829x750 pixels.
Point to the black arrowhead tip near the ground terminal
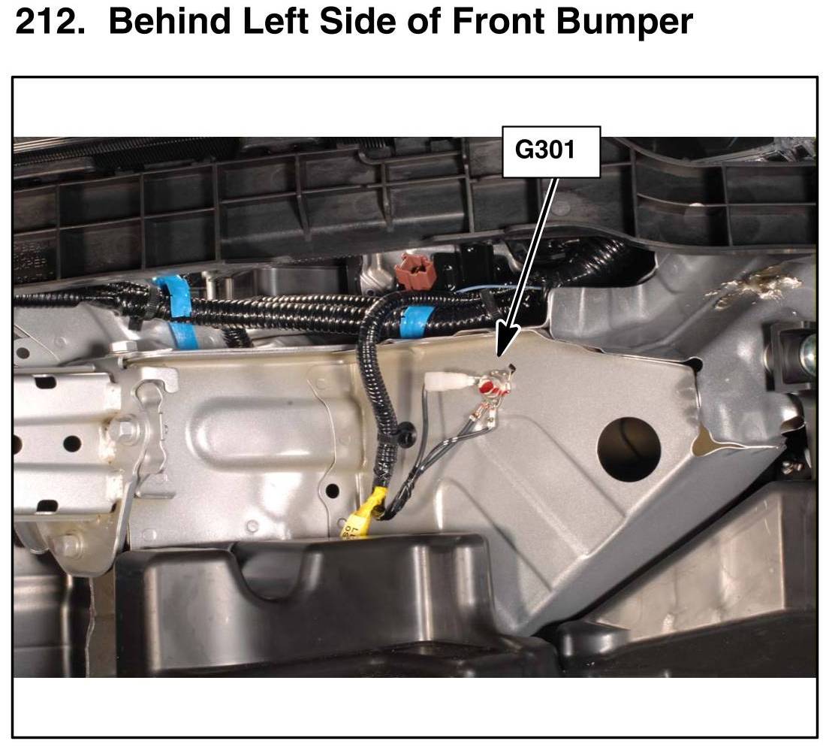click(x=497, y=357)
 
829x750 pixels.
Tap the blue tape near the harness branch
click(x=417, y=322)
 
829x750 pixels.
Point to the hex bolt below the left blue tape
click(x=123, y=347)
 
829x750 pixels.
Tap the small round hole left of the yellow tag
click(x=332, y=490)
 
